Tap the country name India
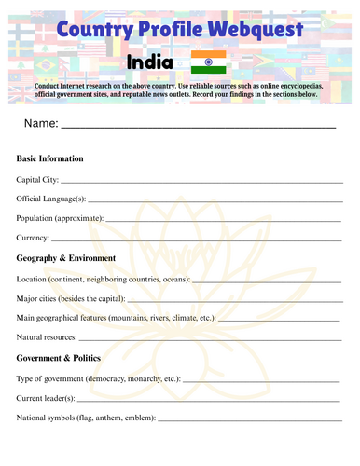(x=149, y=62)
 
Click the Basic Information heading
(x=50, y=158)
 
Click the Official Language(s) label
(x=51, y=198)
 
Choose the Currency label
(x=33, y=238)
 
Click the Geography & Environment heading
(x=66, y=257)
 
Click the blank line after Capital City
(x=201, y=180)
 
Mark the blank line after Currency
(x=196, y=240)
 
